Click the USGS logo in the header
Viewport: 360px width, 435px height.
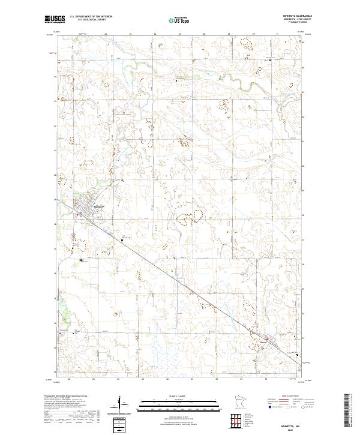tap(53, 19)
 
